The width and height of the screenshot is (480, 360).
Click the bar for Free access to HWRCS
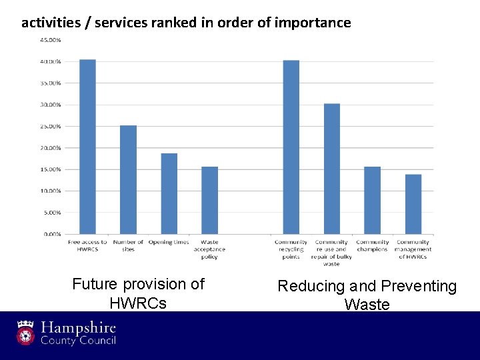[x=87, y=147]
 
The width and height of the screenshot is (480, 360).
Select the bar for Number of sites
[x=128, y=179]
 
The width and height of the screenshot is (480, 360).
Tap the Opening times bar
[x=169, y=193]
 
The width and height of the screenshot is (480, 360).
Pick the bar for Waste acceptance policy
[x=209, y=200]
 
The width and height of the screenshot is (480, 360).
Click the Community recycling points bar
[x=291, y=147]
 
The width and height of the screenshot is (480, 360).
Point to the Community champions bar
[x=372, y=200]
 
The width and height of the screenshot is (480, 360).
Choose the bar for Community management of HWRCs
[x=413, y=204]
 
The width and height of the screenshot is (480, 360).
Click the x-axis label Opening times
[x=169, y=242]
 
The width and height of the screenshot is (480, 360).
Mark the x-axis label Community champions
[x=372, y=245]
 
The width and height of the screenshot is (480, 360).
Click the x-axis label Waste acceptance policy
[x=209, y=249]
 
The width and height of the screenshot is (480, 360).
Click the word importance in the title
[x=317, y=23]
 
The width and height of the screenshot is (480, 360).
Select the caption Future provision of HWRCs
[x=138, y=293]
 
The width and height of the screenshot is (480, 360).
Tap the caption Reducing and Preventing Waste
[x=367, y=295]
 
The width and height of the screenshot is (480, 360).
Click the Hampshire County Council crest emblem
[x=25, y=333]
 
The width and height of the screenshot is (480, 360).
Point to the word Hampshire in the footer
[x=78, y=328]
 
